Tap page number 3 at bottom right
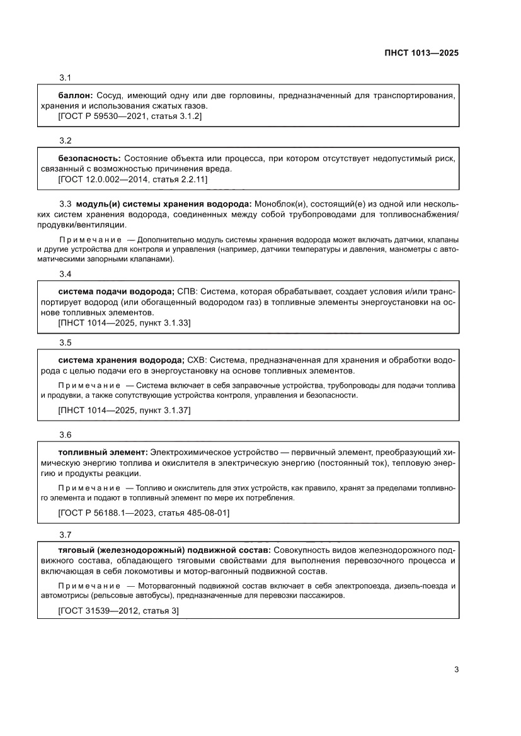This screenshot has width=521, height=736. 456,670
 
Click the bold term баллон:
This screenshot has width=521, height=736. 75,94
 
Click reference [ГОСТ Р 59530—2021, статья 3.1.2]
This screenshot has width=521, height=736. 129,117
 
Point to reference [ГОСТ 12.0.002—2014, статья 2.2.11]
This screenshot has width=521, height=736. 132,179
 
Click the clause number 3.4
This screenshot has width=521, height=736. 65,274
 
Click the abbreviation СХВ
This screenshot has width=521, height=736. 197,360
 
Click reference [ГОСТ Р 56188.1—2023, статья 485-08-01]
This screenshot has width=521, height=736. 143,513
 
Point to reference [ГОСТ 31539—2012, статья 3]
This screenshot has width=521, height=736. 118,611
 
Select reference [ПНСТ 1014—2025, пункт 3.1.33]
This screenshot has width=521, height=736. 124,323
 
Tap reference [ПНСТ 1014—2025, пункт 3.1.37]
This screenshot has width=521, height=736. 124,410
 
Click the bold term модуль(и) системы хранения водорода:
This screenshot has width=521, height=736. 164,204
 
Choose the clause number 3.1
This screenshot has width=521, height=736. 65,77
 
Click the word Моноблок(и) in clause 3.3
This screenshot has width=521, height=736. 280,204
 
